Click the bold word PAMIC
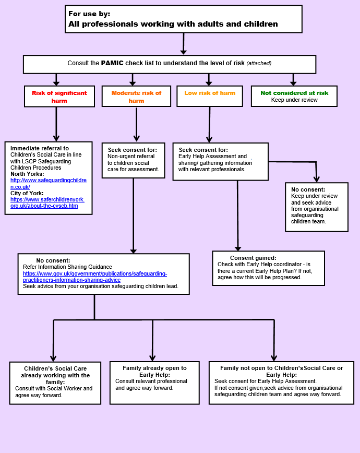pos(112,63)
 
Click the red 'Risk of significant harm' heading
pos(59,97)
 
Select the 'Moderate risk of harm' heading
pos(136,97)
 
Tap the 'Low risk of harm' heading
pos(210,93)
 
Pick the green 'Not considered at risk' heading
pos(294,93)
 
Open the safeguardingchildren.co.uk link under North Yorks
pos(48,184)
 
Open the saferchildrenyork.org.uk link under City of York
pos(47,202)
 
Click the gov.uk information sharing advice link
pos(95,277)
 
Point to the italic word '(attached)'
pos(259,63)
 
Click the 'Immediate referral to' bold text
pos(40,148)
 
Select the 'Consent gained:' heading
pos(253,258)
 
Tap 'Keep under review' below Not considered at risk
pos(294,100)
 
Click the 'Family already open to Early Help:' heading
pos(154,371)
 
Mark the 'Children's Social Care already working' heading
pos(55,375)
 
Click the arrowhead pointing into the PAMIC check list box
pos(183,52)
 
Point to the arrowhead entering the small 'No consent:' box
pos(317,179)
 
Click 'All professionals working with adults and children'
pos(173,23)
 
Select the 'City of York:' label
pos(27,193)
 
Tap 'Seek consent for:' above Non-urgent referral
pos(133,150)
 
